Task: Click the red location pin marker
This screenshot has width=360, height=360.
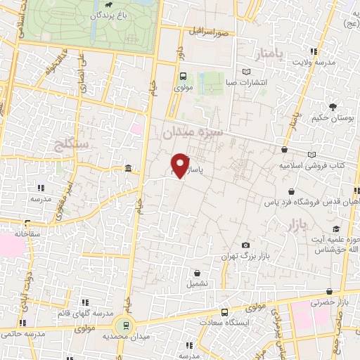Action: [x=181, y=165]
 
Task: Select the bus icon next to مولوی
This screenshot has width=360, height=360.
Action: [x=183, y=77]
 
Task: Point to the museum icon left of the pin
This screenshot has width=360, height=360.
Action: [x=129, y=169]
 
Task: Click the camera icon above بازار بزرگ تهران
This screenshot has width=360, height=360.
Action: [x=245, y=245]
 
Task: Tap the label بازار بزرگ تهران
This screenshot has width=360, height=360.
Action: [x=243, y=256]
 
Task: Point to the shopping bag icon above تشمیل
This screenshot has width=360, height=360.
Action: [x=197, y=272]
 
